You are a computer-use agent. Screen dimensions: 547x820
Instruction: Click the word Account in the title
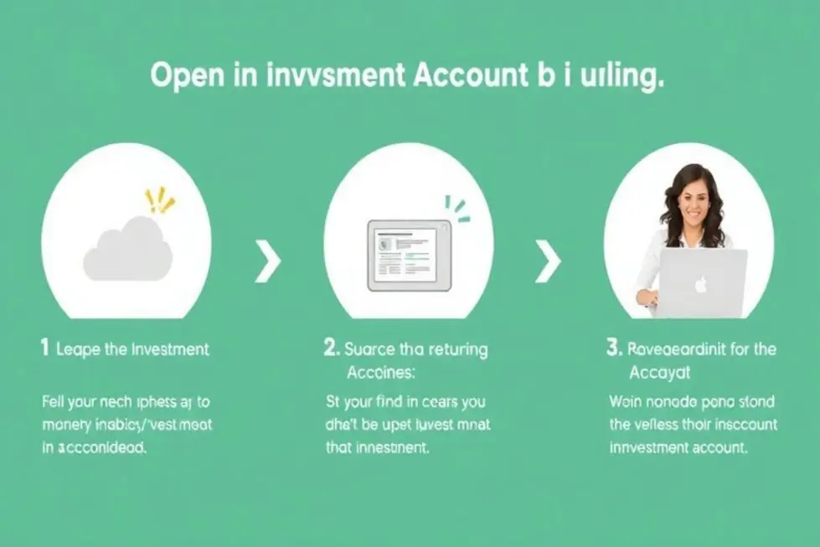tap(466, 76)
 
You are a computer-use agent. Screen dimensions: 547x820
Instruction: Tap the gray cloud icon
tap(128, 250)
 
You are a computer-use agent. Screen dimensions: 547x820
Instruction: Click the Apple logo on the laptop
tap(699, 284)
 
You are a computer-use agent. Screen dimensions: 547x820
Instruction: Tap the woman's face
tap(694, 201)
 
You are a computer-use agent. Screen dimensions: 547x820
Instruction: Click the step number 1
tap(44, 348)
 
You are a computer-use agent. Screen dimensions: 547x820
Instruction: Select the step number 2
tap(331, 348)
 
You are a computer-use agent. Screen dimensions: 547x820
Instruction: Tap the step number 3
tap(611, 348)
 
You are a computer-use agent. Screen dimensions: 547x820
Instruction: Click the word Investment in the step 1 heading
tap(171, 349)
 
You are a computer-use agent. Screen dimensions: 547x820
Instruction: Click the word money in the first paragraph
tap(65, 425)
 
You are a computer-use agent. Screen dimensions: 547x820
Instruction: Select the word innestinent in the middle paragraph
tap(392, 447)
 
